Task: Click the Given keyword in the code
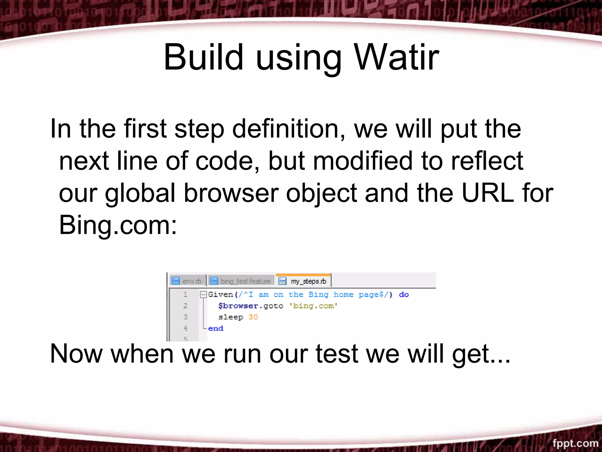pyautogui.click(x=220, y=295)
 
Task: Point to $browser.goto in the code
pyautogui.click(x=250, y=306)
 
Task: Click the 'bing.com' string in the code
pyautogui.click(x=313, y=306)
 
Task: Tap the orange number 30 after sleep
pyautogui.click(x=253, y=317)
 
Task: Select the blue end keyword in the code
pyautogui.click(x=215, y=328)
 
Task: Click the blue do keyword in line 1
pyautogui.click(x=404, y=295)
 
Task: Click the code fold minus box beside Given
pyautogui.click(x=203, y=295)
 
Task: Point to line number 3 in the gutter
pyautogui.click(x=185, y=317)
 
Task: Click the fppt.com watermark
pyautogui.click(x=575, y=443)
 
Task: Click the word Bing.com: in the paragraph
pyautogui.click(x=118, y=225)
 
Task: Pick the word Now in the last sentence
pyautogui.click(x=76, y=354)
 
